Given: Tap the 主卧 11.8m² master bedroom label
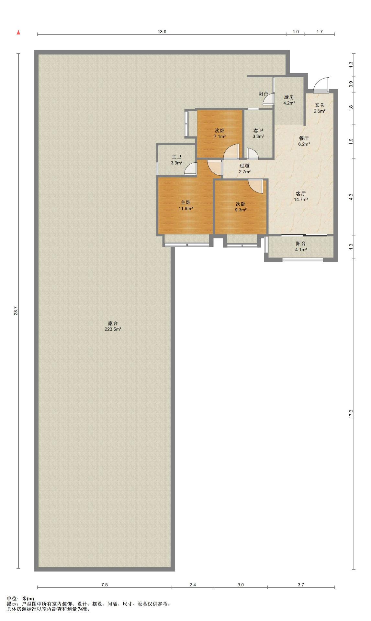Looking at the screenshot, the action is point(185,205).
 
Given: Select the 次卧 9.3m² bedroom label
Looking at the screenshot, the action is point(240,207).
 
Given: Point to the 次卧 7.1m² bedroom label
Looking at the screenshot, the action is point(219,133).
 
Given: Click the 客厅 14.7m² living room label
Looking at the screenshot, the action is point(301,196).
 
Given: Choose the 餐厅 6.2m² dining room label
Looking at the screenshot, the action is point(304,141).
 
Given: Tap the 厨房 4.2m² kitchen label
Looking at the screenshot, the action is point(289,100).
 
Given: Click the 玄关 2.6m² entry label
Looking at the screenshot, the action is point(319,108).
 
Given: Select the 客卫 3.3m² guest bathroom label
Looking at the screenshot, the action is point(258,133).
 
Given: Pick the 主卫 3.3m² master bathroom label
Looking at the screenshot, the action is point(176,160).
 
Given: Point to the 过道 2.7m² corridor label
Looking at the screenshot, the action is point(244,169).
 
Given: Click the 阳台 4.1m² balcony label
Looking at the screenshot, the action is point(301,246).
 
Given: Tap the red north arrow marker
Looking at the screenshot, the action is point(18,32).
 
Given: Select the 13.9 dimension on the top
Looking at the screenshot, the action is point(162,32).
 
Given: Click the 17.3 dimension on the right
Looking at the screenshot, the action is point(351,414).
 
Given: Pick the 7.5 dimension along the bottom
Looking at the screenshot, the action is point(104,584).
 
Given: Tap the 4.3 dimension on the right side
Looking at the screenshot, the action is point(351,196).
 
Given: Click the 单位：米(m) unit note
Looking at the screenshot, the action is point(20,599).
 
